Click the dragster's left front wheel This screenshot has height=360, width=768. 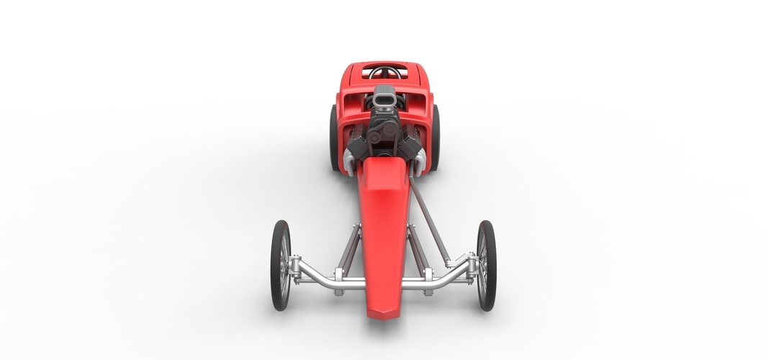(x=280, y=265)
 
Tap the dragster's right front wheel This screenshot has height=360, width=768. (x=487, y=265)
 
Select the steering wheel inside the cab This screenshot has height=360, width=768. (x=386, y=73)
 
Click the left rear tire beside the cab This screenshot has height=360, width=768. (x=334, y=138)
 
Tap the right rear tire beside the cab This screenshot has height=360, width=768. (x=435, y=138)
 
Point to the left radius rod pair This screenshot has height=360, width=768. (x=349, y=248)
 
